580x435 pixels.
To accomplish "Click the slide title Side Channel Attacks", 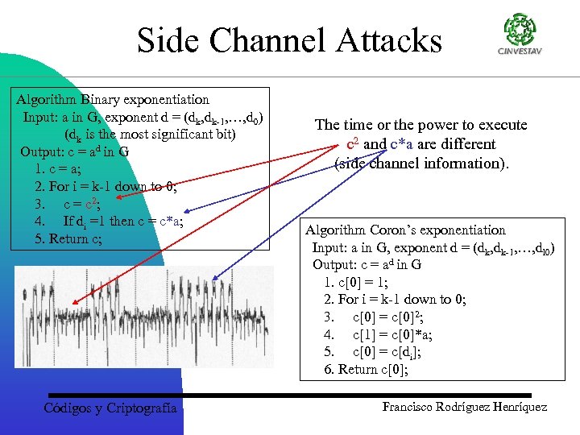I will [x=289, y=40].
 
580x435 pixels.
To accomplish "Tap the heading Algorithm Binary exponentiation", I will [x=113, y=100].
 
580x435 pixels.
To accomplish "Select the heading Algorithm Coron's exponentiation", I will [x=405, y=230].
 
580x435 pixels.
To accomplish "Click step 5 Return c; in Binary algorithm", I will [x=68, y=239].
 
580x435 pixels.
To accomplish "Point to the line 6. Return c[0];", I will [x=366, y=370].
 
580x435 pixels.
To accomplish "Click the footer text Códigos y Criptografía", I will [x=110, y=408].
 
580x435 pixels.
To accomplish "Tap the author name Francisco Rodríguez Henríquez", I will [x=465, y=407].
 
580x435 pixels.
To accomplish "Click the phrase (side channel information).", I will [x=421, y=164].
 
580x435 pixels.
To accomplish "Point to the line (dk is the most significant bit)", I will [x=149, y=135].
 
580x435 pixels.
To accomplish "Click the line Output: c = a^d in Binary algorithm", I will [x=74, y=151].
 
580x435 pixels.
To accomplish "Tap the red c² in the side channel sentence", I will [x=352, y=144].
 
